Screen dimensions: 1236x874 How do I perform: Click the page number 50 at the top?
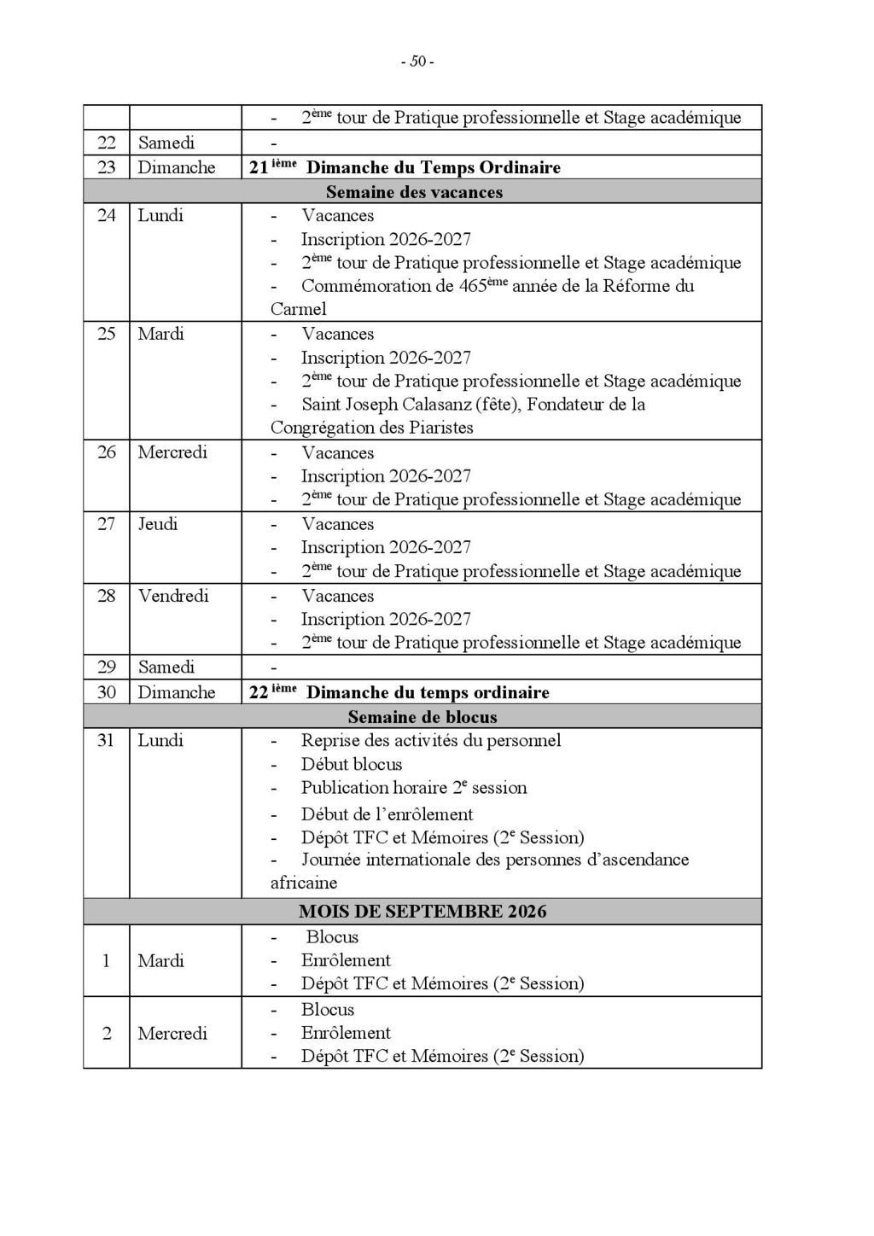[x=417, y=61]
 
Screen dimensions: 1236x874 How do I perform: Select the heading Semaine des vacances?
[x=414, y=192]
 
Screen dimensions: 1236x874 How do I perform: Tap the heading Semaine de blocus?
[x=422, y=717]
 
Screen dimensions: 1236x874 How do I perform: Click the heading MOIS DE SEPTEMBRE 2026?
[x=422, y=911]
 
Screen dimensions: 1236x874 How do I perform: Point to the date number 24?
[x=106, y=215]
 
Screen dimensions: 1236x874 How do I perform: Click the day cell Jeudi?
[x=158, y=524]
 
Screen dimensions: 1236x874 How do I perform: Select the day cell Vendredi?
[x=173, y=596]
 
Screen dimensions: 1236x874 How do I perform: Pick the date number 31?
[x=105, y=740]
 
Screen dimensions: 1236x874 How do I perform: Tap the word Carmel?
[x=298, y=309]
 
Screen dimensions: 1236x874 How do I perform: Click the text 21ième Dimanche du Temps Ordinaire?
[x=405, y=167]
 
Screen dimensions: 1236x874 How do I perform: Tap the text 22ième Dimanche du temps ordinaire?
[x=399, y=692]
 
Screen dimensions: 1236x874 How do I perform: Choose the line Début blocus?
[x=351, y=764]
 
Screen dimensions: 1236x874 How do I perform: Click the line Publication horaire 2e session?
[x=413, y=788]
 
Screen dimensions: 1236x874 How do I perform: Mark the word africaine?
[x=304, y=883]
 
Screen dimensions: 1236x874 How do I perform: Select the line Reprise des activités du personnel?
[x=430, y=740]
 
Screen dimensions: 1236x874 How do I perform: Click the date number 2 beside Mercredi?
[x=107, y=1033]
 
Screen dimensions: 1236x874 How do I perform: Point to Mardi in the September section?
[x=160, y=960]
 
